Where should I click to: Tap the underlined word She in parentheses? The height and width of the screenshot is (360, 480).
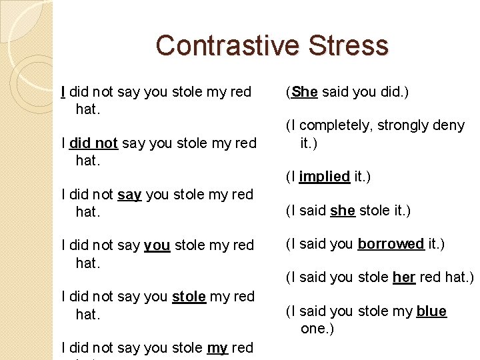(x=305, y=92)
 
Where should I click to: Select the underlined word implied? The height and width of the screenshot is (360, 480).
(x=325, y=177)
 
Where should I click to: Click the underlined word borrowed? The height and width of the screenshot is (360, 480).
(x=391, y=244)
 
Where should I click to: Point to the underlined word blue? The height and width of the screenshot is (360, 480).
(x=431, y=311)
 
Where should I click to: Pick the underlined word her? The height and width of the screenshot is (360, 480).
(x=404, y=277)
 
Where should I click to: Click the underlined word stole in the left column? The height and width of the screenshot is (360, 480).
(x=189, y=296)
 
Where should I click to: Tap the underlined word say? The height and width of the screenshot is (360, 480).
(x=129, y=195)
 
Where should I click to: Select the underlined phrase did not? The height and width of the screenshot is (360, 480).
(x=93, y=143)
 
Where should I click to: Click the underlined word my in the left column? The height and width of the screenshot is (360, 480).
(x=217, y=347)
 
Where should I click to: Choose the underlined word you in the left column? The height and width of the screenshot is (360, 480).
(x=157, y=245)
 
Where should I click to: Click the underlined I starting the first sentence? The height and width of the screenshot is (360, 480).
(x=63, y=92)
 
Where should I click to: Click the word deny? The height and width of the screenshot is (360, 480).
(x=449, y=126)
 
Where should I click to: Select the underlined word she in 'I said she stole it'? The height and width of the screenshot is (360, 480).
(x=343, y=211)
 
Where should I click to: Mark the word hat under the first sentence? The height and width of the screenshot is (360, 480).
(x=87, y=109)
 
